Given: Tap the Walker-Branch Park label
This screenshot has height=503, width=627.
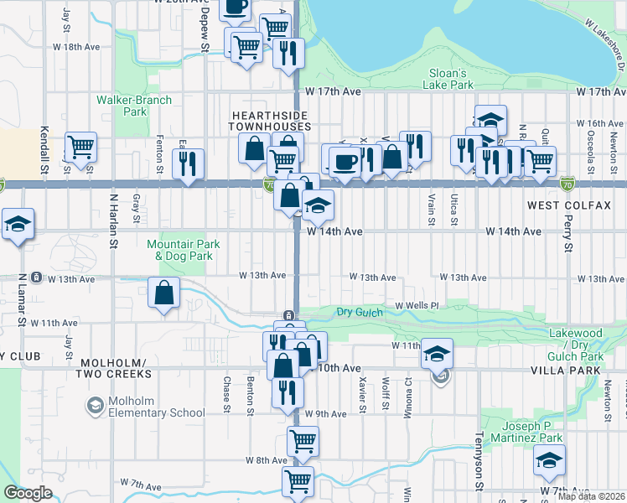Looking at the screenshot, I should point(134,106).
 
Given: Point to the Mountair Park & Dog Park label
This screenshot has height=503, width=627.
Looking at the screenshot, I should point(184,249).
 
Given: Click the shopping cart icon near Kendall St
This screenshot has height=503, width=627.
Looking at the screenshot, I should point(81,148).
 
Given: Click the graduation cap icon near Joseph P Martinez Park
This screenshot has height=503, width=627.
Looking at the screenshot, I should point(549,460).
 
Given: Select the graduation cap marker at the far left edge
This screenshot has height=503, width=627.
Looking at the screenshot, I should point(17,224).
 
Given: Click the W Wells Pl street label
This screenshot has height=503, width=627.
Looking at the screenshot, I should point(417,305).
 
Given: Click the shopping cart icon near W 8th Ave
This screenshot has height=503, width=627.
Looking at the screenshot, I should point(302,440).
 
